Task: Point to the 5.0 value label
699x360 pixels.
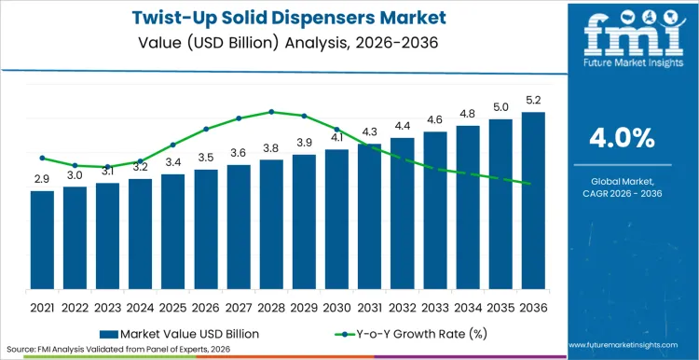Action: point(500,107)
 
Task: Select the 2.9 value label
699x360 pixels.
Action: point(42,178)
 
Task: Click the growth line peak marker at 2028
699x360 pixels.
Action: point(271,111)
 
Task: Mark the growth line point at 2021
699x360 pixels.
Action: point(42,158)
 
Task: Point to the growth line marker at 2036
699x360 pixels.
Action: point(531,184)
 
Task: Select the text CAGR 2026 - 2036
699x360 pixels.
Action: point(622,192)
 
